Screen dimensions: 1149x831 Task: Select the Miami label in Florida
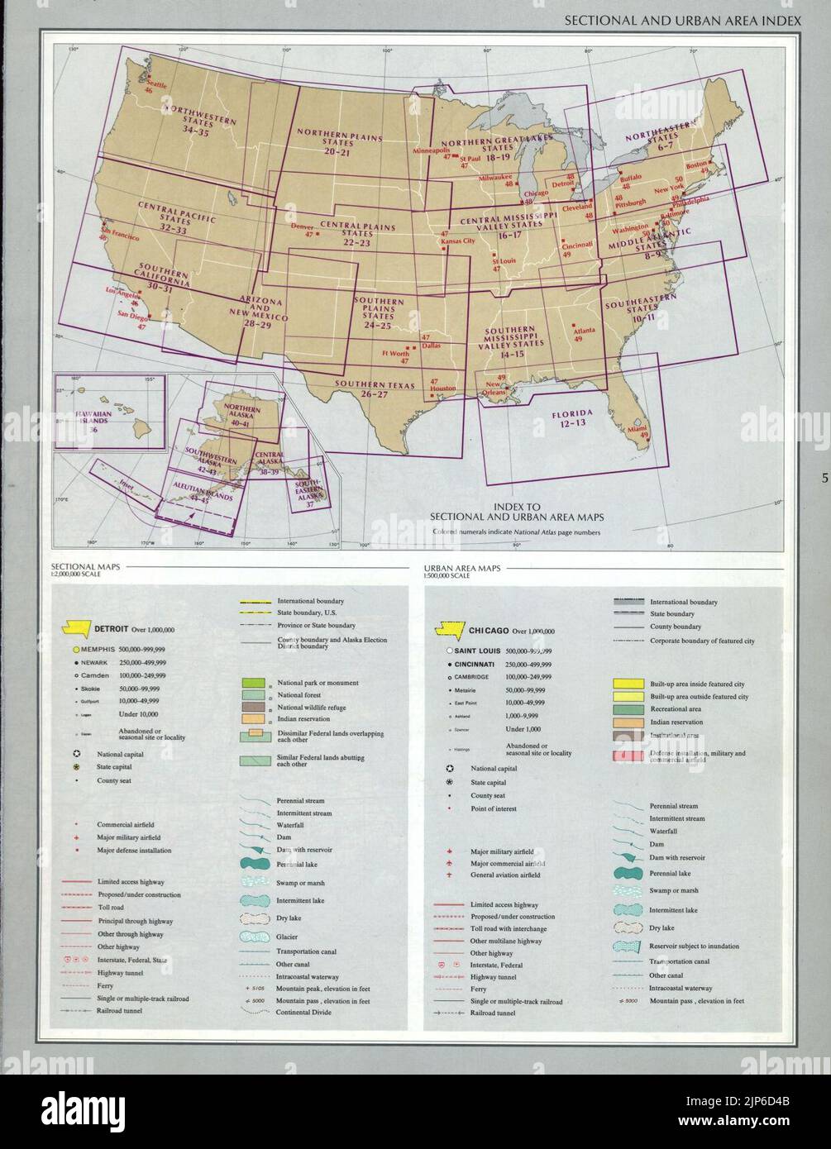[637, 429]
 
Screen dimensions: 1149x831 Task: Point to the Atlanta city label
[584, 331]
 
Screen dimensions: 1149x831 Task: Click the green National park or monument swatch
[252, 683]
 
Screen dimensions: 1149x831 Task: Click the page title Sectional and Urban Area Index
[682, 20]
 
